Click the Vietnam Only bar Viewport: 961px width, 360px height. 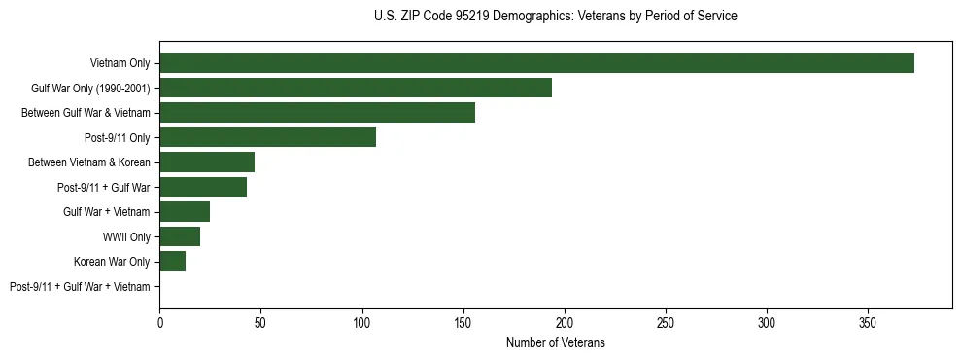click(x=536, y=63)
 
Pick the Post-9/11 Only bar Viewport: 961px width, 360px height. click(x=267, y=137)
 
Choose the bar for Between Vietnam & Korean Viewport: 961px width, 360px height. click(x=207, y=162)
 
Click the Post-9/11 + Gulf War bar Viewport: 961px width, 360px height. click(x=203, y=187)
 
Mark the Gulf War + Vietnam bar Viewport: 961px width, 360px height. click(x=185, y=212)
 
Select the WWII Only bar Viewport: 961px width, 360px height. click(x=180, y=236)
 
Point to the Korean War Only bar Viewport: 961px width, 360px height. click(x=172, y=262)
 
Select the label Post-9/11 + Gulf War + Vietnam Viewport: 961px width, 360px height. click(x=80, y=287)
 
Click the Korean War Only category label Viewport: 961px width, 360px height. click(x=112, y=262)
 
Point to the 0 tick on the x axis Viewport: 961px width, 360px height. click(x=159, y=322)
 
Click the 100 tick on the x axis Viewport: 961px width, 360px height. click(x=361, y=322)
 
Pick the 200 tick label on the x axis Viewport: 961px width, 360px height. click(x=565, y=322)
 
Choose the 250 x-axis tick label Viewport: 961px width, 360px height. click(x=666, y=322)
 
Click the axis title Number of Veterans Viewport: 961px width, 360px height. click(x=556, y=342)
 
